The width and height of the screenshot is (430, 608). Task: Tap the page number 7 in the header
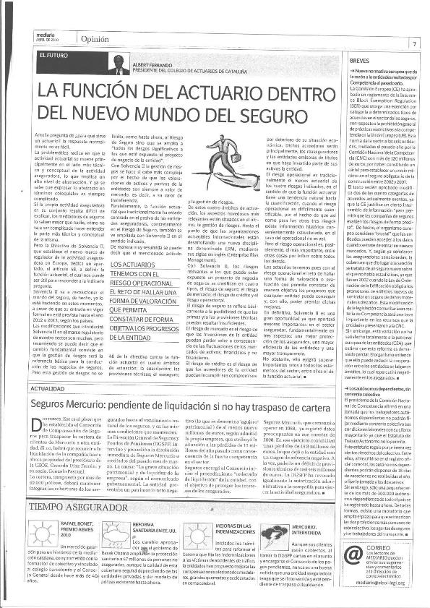tap(415, 43)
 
